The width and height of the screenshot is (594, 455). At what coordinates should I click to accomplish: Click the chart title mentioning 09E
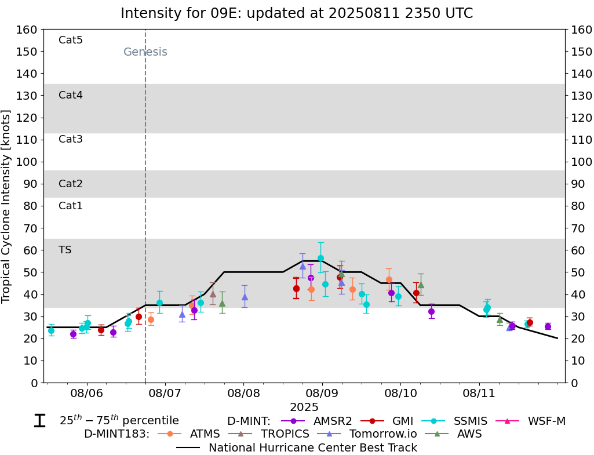click(297, 13)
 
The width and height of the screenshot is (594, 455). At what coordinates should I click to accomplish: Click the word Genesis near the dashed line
click(145, 52)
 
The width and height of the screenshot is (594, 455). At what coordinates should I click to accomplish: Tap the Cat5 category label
click(71, 40)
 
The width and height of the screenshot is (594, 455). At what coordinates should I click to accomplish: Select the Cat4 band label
click(71, 95)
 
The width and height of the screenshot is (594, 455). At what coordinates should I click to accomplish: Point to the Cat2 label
click(71, 184)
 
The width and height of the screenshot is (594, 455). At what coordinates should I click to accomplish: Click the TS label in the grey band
click(65, 250)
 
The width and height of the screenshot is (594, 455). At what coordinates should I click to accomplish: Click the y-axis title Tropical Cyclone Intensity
click(7, 206)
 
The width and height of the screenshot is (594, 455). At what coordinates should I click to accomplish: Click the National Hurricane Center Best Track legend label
click(312, 447)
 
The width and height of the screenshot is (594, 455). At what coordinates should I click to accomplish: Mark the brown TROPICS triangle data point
click(213, 294)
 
